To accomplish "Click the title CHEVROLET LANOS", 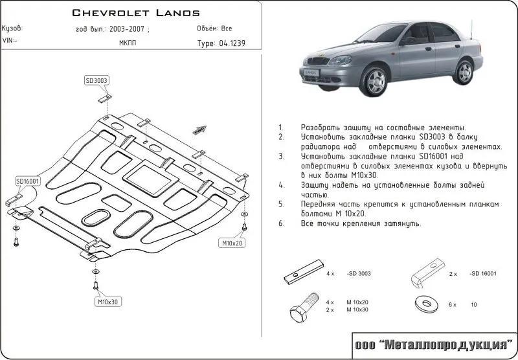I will point(135,12).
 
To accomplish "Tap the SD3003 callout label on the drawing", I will point(96,80).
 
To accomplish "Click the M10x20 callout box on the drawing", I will point(231,243).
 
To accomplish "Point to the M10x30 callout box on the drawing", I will point(109,302).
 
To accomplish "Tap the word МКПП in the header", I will point(128,44).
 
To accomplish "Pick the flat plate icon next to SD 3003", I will point(301,275).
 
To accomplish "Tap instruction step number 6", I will point(281,223).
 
